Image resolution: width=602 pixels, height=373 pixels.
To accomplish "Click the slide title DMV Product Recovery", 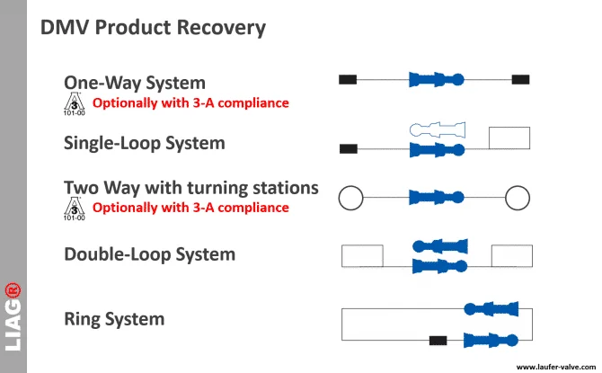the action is pos(153,28).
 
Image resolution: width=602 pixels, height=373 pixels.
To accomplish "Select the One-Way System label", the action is pos(135,83).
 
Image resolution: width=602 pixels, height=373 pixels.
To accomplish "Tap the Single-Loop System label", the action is pos(145,143).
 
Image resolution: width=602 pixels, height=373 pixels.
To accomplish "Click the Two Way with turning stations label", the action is pos(191,188).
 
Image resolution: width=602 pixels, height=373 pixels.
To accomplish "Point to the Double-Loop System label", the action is pos(150,254).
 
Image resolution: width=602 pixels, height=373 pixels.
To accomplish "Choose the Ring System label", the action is pos(114,319).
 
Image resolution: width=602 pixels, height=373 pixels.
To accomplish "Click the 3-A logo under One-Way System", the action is pos(75,103).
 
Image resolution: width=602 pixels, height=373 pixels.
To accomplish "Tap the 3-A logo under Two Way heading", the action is pos(75,209).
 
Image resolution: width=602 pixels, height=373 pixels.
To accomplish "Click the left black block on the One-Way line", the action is pos(348,79).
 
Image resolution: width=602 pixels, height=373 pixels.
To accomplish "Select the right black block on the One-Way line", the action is pos(520,79).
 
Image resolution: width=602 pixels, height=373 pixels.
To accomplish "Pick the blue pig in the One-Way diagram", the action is pos(437,79).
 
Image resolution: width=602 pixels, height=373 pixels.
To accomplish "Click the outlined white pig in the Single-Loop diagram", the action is pos(438,129).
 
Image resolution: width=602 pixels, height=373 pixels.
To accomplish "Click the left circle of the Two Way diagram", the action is pos(340,198).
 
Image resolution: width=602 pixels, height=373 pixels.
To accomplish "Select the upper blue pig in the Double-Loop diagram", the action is pos(440,246).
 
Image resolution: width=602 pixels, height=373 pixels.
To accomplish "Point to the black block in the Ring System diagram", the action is pos(438,341).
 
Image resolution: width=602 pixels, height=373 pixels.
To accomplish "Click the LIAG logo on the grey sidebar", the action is pos(13,317).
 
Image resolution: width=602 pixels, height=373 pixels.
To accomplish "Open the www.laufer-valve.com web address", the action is pos(556,368).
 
